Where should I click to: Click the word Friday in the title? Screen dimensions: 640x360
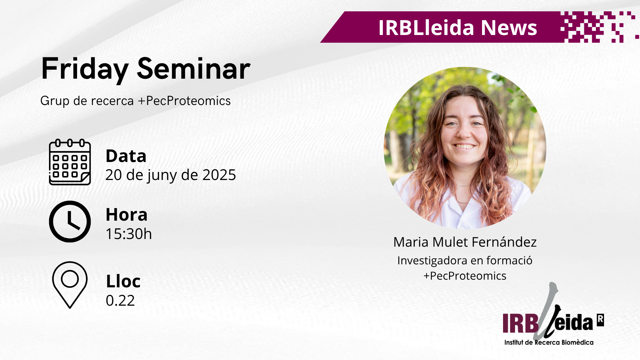pos(85,69)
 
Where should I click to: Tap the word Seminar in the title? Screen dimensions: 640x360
pos(194,69)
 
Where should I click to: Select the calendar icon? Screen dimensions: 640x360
pos(70,162)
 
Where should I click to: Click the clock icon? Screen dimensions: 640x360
pos(70,221)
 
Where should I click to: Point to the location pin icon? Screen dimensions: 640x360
pos(70,285)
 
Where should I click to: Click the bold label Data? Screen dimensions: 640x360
pos(126,156)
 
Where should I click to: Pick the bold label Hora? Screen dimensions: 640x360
pos(126,214)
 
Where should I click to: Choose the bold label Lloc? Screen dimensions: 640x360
pos(123,281)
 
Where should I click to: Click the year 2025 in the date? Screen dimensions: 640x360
pos(219,175)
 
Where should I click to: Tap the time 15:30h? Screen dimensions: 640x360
pos(129,234)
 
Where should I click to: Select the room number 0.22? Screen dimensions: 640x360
pos(120,300)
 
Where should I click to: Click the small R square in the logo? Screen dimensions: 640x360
pos(600,320)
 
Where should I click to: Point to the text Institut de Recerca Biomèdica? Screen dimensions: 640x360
pos(549,342)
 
